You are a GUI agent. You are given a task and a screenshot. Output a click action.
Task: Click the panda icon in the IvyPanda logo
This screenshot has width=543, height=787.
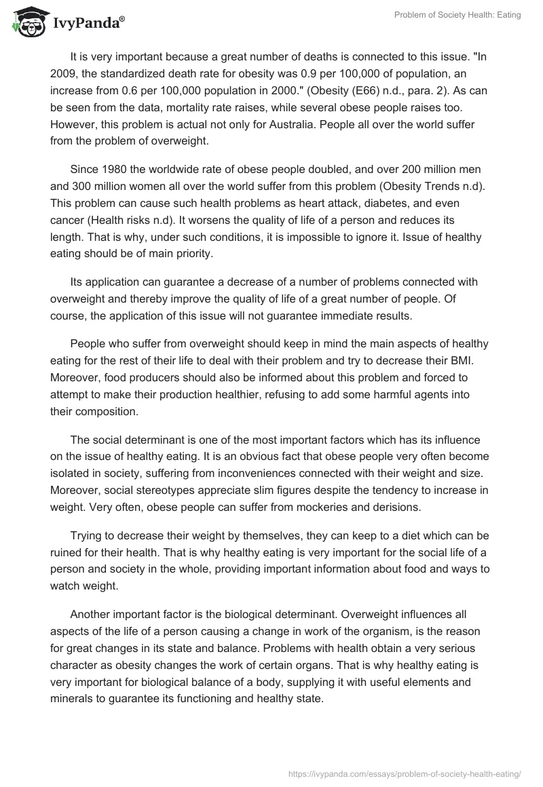[x=26, y=23]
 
